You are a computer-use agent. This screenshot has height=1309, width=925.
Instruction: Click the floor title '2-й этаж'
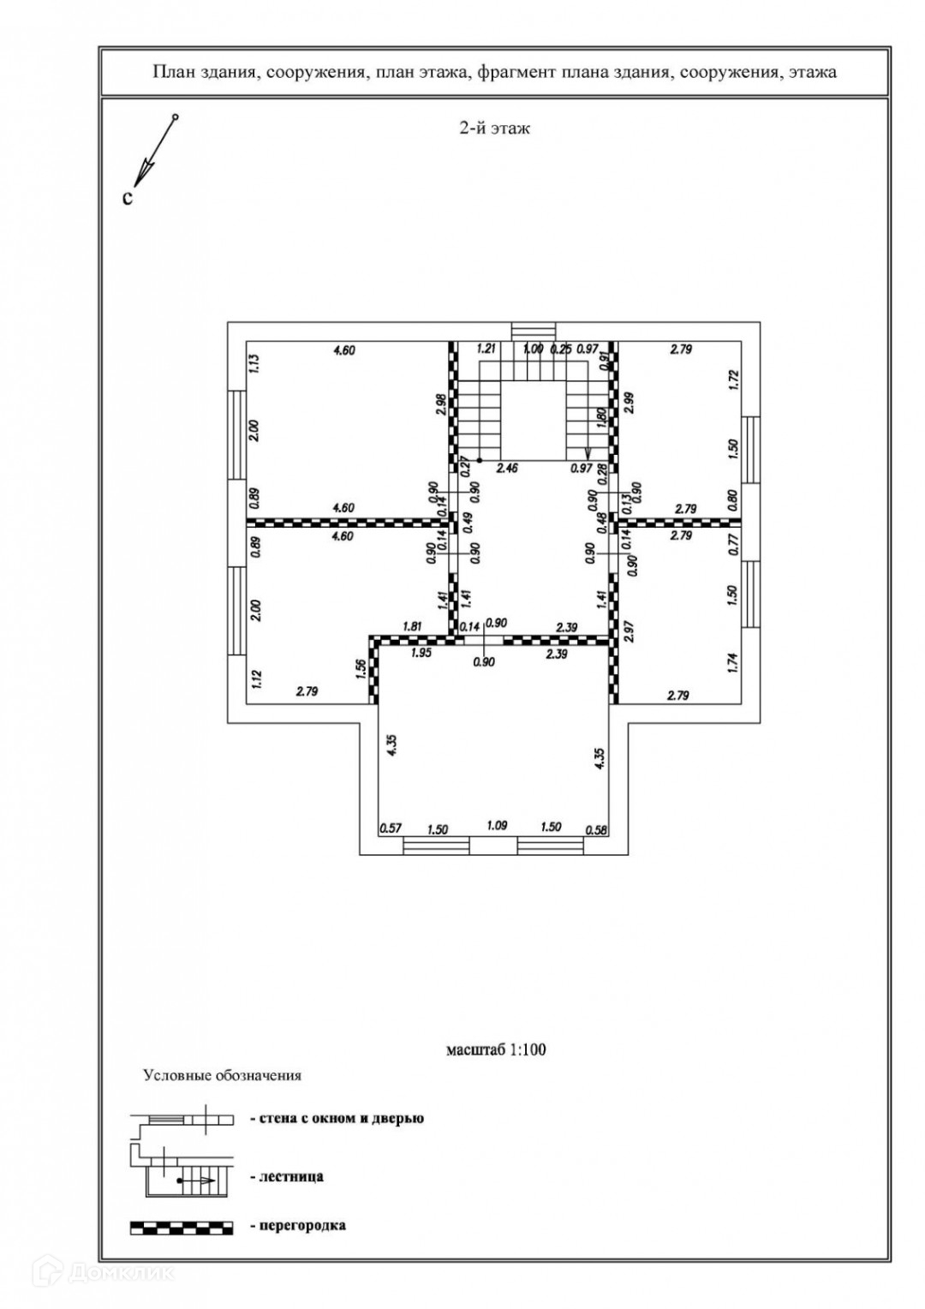495,129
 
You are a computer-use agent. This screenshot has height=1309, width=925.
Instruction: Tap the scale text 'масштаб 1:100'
495,1049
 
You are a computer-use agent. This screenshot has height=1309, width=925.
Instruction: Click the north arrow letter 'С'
128,198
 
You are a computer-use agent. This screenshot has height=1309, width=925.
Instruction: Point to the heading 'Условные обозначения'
222,1075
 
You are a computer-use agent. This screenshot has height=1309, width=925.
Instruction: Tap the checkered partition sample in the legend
182,1228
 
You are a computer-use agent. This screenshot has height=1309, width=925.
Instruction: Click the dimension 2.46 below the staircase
509,469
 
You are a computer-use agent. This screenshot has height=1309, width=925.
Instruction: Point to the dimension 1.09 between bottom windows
497,826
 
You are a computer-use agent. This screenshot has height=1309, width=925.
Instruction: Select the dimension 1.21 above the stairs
487,349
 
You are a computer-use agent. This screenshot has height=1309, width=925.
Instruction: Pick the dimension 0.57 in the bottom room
391,828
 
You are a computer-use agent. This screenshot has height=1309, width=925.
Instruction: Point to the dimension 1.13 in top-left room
254,365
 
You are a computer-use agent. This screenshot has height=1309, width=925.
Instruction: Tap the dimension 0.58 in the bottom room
595,828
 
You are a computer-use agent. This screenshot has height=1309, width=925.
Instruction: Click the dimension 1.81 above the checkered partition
413,626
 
